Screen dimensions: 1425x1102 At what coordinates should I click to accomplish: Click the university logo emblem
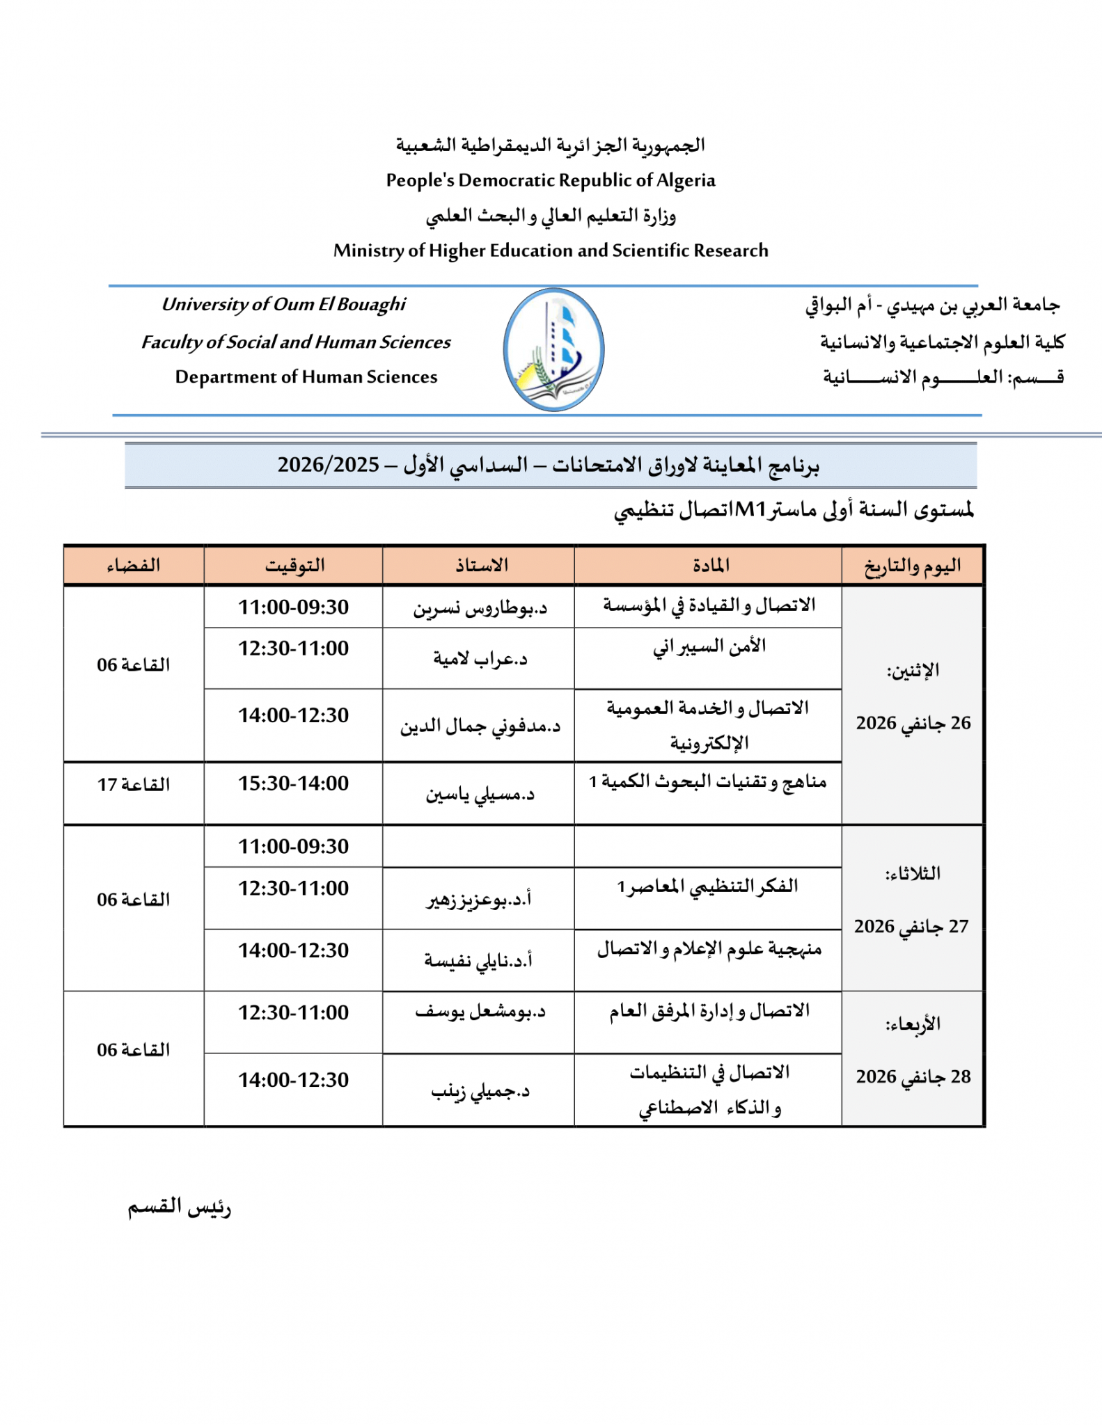[x=553, y=349]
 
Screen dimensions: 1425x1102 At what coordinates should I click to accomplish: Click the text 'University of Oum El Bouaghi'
[x=283, y=305]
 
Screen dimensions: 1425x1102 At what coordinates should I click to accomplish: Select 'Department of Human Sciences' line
[x=306, y=377]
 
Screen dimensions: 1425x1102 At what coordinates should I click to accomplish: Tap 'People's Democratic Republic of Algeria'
[x=551, y=180]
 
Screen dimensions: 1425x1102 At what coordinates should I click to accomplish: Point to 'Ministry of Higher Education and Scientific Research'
[x=551, y=250]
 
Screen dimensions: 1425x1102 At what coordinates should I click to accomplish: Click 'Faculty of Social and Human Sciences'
[x=296, y=342]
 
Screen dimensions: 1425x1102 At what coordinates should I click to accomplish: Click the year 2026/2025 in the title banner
[x=329, y=465]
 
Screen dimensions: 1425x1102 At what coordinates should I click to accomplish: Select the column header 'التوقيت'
[x=294, y=565]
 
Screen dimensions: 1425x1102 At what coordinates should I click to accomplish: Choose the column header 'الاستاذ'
[x=481, y=565]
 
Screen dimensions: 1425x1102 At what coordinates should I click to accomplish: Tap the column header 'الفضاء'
[x=134, y=565]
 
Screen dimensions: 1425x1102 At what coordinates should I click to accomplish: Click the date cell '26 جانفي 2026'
[x=913, y=723]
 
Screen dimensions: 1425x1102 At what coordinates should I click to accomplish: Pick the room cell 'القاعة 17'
[x=134, y=785]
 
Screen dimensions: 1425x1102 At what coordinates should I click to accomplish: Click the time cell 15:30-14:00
[x=294, y=783]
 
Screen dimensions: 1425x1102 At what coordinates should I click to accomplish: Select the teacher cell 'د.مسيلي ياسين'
[x=480, y=794]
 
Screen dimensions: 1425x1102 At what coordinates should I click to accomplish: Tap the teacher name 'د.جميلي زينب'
[x=480, y=1091]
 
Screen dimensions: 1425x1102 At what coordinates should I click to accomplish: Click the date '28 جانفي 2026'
[x=913, y=1076]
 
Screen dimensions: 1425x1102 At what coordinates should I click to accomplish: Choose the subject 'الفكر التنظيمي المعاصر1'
[x=707, y=887]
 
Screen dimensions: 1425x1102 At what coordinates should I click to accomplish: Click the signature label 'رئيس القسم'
[x=179, y=1207]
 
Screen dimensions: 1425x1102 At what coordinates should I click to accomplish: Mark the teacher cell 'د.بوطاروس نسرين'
[x=480, y=609]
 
